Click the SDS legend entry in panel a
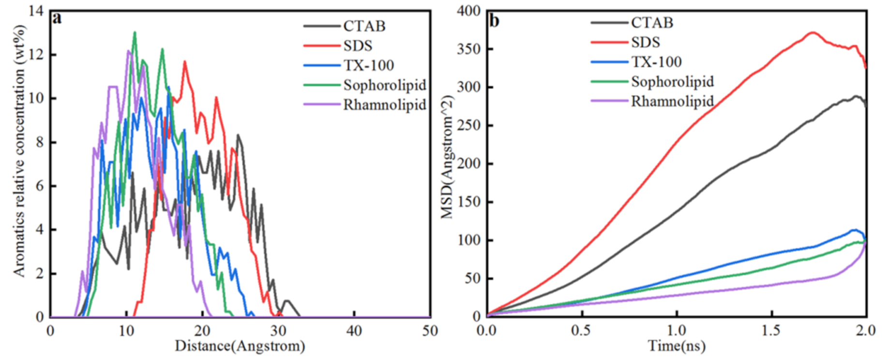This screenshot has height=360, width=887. (x=357, y=45)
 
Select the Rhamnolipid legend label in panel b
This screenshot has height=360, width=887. (x=672, y=101)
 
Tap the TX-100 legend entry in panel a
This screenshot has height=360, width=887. (x=369, y=65)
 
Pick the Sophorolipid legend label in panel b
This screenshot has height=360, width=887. (x=672, y=81)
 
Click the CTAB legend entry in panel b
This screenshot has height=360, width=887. (x=651, y=23)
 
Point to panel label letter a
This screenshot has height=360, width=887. (x=58, y=19)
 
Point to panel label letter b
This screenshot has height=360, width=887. (x=494, y=21)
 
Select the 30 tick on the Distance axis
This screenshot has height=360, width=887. (x=278, y=331)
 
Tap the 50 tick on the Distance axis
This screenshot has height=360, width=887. (x=429, y=331)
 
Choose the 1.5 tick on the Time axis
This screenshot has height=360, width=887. (x=771, y=331)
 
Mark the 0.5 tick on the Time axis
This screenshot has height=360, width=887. (x=581, y=331)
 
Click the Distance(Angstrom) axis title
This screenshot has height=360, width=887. (x=240, y=346)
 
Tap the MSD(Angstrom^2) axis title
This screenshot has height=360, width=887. (x=447, y=157)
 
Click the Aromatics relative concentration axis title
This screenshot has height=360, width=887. (x=19, y=151)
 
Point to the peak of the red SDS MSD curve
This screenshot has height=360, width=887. (x=813, y=33)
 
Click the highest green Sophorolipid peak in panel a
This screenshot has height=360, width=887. (x=134, y=32)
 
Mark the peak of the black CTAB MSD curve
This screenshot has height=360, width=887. (x=856, y=96)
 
